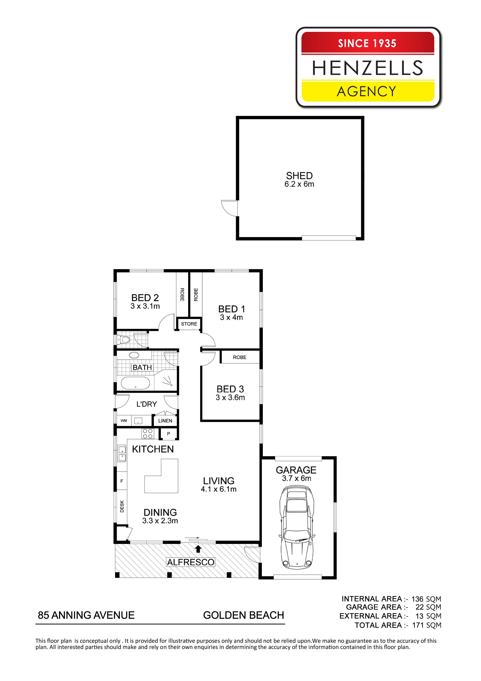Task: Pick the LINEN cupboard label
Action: coord(165,421)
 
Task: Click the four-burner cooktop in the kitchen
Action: coord(148,434)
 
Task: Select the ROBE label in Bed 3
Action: coord(240,357)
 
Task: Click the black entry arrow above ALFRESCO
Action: coord(198,549)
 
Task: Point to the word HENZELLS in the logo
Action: coord(368,68)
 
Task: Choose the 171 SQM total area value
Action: coord(426,625)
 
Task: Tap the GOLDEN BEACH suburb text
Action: coord(243,615)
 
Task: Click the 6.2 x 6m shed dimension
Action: coord(299,184)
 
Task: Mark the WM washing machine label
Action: coord(124,421)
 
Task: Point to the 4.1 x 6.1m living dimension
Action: coord(219,489)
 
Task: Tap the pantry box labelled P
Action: coord(169,434)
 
